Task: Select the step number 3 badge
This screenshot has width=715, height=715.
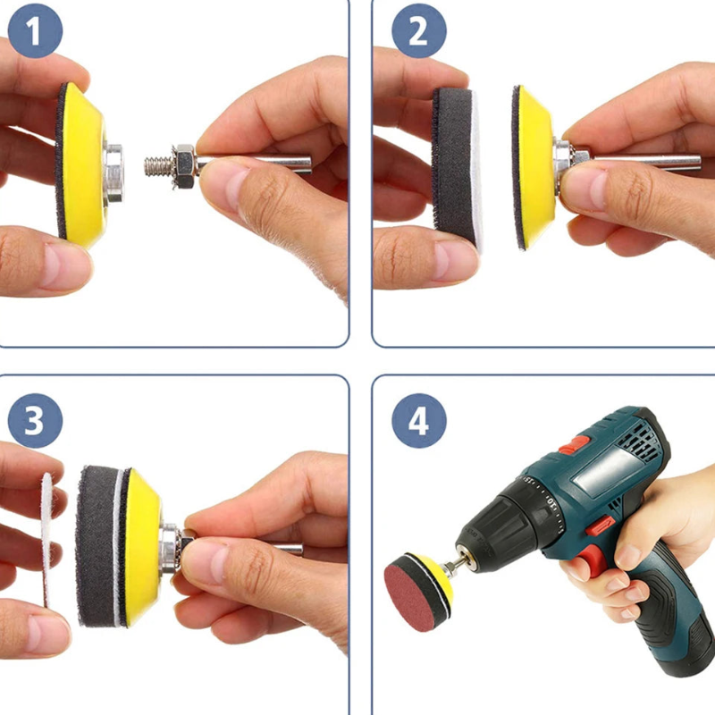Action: pos(35,420)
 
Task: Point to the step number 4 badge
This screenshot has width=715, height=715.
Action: pos(417,420)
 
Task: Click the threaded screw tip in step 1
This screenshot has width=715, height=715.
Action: pos(156,165)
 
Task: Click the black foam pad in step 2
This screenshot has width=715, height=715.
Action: pos(451,165)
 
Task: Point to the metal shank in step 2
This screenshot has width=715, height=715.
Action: pos(643,163)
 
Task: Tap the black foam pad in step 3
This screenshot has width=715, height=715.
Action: pos(96,545)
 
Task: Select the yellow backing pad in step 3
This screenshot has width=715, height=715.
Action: pos(140,545)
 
